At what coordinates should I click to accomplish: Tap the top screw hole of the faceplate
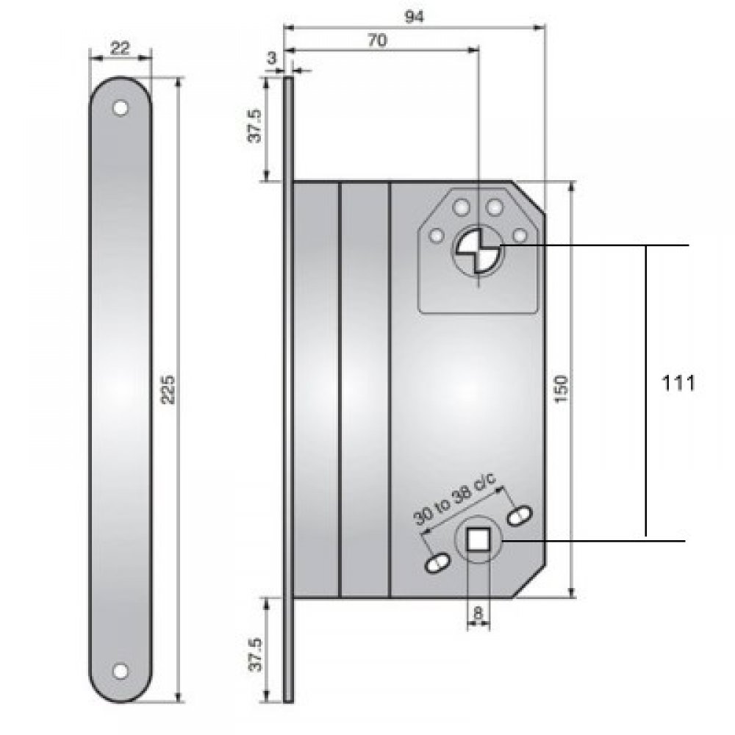[x=120, y=108]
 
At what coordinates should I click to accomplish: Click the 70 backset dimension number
[x=376, y=41]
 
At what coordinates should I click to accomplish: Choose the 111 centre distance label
[x=678, y=384]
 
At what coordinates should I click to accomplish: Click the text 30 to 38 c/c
[x=456, y=499]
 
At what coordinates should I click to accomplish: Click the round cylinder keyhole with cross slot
[x=478, y=250]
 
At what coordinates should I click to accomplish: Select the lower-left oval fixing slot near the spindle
[x=437, y=564]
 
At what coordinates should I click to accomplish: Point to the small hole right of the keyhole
[x=521, y=235]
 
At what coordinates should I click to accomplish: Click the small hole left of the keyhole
[x=437, y=236]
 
